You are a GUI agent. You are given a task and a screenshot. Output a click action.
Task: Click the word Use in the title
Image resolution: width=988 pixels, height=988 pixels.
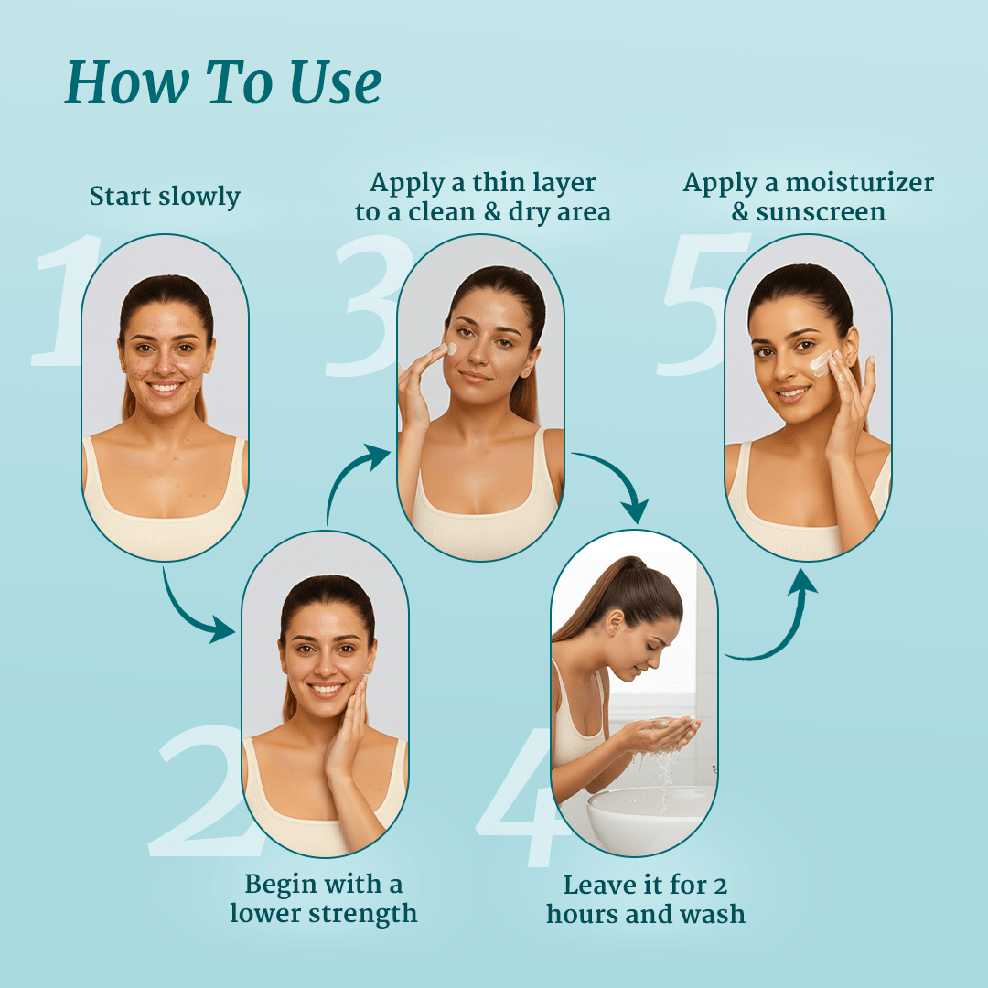(335, 82)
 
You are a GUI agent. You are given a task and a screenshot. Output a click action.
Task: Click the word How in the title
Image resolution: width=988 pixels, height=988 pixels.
(126, 82)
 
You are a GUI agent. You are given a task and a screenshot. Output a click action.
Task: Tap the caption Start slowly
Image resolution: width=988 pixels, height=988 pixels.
(165, 196)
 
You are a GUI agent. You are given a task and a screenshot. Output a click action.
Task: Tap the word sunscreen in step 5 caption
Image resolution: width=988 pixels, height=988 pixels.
(821, 212)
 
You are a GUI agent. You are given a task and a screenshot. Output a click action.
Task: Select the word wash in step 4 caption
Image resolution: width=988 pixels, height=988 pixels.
(712, 914)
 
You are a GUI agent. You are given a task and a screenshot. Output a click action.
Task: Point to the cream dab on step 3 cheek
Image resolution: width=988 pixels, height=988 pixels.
(451, 349)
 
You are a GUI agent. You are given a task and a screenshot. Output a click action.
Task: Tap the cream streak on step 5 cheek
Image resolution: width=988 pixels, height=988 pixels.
(821, 362)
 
